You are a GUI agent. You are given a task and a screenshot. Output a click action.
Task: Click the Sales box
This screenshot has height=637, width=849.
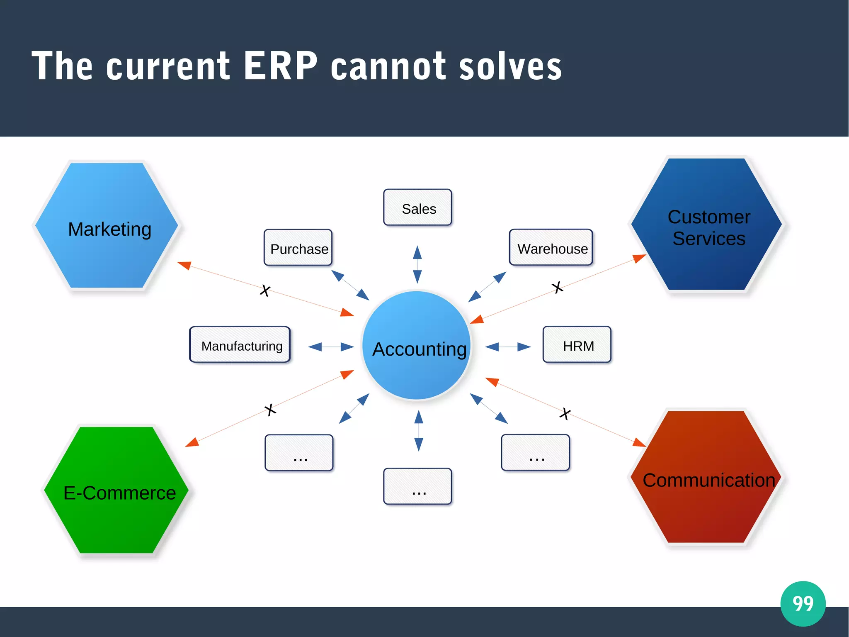tap(417, 207)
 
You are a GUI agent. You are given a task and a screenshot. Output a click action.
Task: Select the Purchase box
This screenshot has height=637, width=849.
tap(298, 248)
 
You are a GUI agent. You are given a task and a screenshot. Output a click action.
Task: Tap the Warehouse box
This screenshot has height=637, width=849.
tap(551, 248)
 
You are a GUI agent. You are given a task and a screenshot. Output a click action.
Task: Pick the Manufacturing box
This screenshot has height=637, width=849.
tap(240, 345)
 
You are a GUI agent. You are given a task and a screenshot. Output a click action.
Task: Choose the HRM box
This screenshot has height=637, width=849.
tap(577, 345)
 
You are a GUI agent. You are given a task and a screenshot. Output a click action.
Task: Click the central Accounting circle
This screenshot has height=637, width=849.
tap(417, 346)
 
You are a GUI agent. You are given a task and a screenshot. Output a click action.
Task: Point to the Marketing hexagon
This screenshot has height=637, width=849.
tap(107, 226)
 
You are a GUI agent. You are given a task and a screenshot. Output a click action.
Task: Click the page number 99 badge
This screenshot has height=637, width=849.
tap(803, 603)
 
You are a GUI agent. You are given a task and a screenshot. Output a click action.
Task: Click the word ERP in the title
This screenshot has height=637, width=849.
tap(281, 66)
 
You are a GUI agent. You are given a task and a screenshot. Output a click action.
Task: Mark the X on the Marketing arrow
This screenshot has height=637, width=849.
tap(265, 290)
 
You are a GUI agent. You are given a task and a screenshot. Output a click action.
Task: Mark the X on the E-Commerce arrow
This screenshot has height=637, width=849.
tap(270, 410)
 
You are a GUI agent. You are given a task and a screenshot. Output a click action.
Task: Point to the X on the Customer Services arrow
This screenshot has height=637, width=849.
tap(558, 287)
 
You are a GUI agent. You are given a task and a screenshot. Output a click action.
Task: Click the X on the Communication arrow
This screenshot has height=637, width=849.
tap(565, 413)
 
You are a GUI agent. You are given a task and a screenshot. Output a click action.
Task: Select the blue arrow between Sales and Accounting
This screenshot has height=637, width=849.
tap(417, 265)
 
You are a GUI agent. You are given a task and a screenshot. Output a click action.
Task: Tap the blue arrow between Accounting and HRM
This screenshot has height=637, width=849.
tap(508, 347)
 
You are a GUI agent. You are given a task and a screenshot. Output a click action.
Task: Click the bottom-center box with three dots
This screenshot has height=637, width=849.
tap(417, 486)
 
